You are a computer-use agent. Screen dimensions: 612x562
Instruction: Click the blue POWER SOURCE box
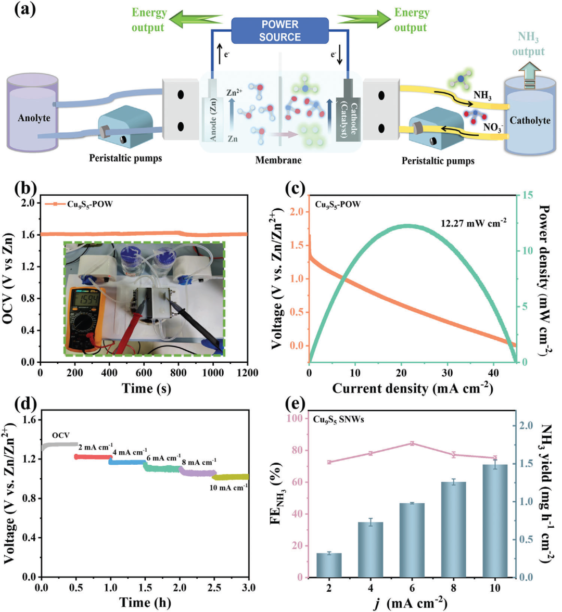[x=280, y=31]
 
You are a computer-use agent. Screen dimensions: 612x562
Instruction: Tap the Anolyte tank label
[x=34, y=118]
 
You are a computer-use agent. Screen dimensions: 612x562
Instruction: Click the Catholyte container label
[x=530, y=120]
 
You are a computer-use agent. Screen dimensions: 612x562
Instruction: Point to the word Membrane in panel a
[x=278, y=160]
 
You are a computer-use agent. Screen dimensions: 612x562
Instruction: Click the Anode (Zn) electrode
[x=213, y=118]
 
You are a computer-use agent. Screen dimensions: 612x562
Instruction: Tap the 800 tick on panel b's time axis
[x=178, y=373]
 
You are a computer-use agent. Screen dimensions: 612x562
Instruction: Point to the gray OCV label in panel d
[x=60, y=436]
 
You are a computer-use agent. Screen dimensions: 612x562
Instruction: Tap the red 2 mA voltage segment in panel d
[x=94, y=457]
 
